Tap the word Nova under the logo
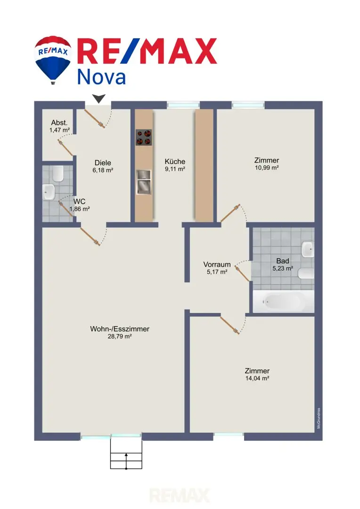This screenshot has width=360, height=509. click(x=101, y=77)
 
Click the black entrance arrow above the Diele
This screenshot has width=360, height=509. click(x=98, y=99)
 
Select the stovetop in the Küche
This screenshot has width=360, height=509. click(x=143, y=137)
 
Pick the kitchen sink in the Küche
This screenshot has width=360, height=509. click(x=143, y=182)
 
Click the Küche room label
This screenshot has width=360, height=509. click(x=175, y=162)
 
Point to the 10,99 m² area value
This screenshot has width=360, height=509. click(x=267, y=168)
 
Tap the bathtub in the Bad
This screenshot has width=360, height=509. click(x=283, y=302)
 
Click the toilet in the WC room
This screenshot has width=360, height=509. click(x=58, y=174)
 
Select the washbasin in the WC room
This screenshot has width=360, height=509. click(x=49, y=192)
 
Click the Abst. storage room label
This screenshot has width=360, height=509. click(x=59, y=123)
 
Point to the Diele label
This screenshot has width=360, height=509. click(x=103, y=163)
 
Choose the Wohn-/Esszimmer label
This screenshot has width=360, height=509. click(x=120, y=329)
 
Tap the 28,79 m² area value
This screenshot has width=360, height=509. click(x=120, y=337)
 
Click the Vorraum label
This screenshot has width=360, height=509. click(x=217, y=264)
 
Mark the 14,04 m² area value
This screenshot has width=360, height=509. click(x=257, y=378)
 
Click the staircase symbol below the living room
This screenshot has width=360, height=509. click(x=126, y=453)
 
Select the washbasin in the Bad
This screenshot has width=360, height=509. click(x=308, y=250)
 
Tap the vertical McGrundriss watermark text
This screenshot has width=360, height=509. click(x=319, y=418)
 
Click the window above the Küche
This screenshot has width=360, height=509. click(x=183, y=105)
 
